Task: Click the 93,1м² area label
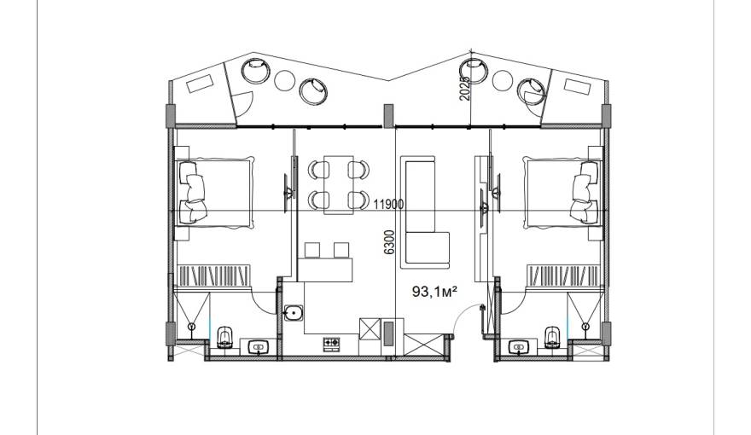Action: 434,291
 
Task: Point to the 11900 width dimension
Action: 388,205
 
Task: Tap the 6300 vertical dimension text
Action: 389,242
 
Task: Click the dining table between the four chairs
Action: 339,185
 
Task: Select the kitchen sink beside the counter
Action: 293,313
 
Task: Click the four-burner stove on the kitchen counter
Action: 331,343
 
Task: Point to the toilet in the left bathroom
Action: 224,338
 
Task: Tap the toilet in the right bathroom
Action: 552,338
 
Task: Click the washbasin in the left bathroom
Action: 259,346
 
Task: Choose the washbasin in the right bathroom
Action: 518,346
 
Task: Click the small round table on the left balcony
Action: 284,80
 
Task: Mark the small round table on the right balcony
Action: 503,80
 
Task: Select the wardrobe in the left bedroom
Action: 214,275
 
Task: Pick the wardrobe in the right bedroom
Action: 564,275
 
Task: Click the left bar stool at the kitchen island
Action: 311,250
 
